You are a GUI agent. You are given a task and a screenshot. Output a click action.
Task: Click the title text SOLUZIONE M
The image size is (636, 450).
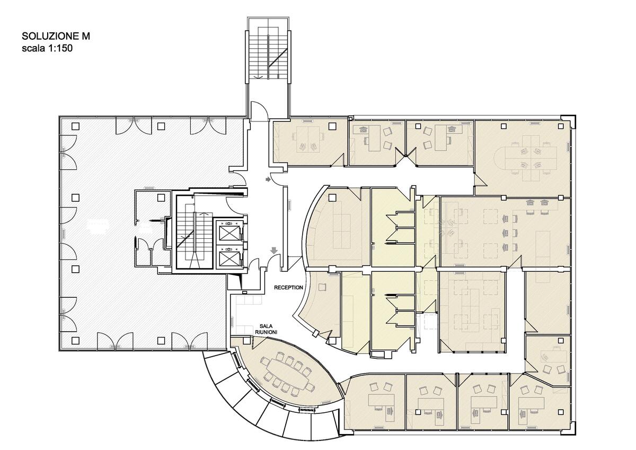(56, 36)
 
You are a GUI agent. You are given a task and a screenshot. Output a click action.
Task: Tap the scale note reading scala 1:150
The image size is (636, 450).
(47, 48)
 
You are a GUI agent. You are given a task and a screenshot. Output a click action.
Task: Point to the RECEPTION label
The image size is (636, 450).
(288, 288)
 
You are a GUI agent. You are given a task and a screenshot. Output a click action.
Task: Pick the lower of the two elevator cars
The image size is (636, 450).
(228, 257)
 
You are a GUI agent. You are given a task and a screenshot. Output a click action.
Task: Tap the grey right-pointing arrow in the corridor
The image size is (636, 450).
(268, 179)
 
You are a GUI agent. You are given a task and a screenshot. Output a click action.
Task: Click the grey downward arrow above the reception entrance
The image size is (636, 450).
(273, 250)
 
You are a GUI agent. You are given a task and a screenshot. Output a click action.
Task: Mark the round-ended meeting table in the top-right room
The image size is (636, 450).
(525, 158)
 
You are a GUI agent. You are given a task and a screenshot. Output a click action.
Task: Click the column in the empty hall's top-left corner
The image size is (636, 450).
(75, 126)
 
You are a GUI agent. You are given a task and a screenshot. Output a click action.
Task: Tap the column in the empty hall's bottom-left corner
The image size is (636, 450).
(75, 340)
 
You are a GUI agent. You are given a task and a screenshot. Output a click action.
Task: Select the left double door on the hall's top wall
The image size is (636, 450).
(134, 126)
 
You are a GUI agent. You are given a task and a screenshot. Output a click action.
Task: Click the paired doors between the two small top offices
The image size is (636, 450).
(406, 156)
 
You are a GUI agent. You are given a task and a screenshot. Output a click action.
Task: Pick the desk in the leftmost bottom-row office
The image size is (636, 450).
(381, 400)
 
